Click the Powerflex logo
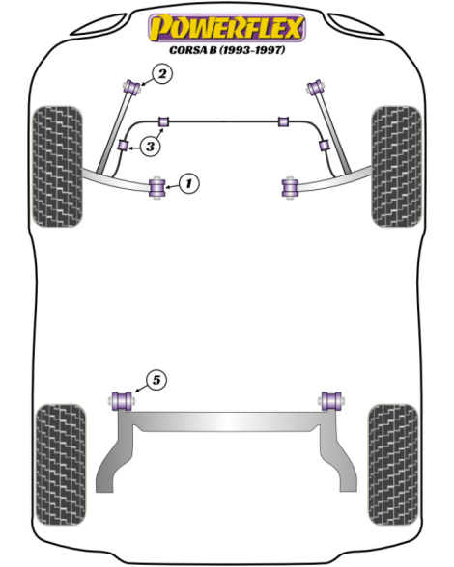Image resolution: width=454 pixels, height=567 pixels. [227, 28]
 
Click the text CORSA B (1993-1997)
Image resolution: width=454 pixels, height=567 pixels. [227, 49]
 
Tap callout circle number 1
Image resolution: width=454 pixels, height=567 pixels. [188, 183]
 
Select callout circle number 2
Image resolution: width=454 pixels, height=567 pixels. [162, 74]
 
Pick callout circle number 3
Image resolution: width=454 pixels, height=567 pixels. [150, 147]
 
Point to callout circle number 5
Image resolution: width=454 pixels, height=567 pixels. [156, 380]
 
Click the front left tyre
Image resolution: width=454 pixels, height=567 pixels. [57, 167]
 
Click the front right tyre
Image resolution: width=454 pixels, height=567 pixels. [396, 167]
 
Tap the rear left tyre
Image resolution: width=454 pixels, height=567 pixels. [61, 465]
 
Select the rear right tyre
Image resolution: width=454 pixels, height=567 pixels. [393, 465]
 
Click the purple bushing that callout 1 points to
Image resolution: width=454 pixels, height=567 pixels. [157, 187]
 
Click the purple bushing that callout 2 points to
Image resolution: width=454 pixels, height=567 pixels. [132, 87]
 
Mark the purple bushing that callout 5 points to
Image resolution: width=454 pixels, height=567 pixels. [122, 401]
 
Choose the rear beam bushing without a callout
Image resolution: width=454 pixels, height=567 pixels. [331, 401]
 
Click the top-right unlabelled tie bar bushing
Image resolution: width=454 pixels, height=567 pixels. [316, 87]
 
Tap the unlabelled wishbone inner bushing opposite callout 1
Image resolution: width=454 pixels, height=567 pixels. [290, 187]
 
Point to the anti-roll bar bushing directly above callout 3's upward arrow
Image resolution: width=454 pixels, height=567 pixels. [164, 121]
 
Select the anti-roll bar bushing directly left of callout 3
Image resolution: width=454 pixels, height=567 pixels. [124, 146]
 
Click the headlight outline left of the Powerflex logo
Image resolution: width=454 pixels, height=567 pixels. [98, 25]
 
